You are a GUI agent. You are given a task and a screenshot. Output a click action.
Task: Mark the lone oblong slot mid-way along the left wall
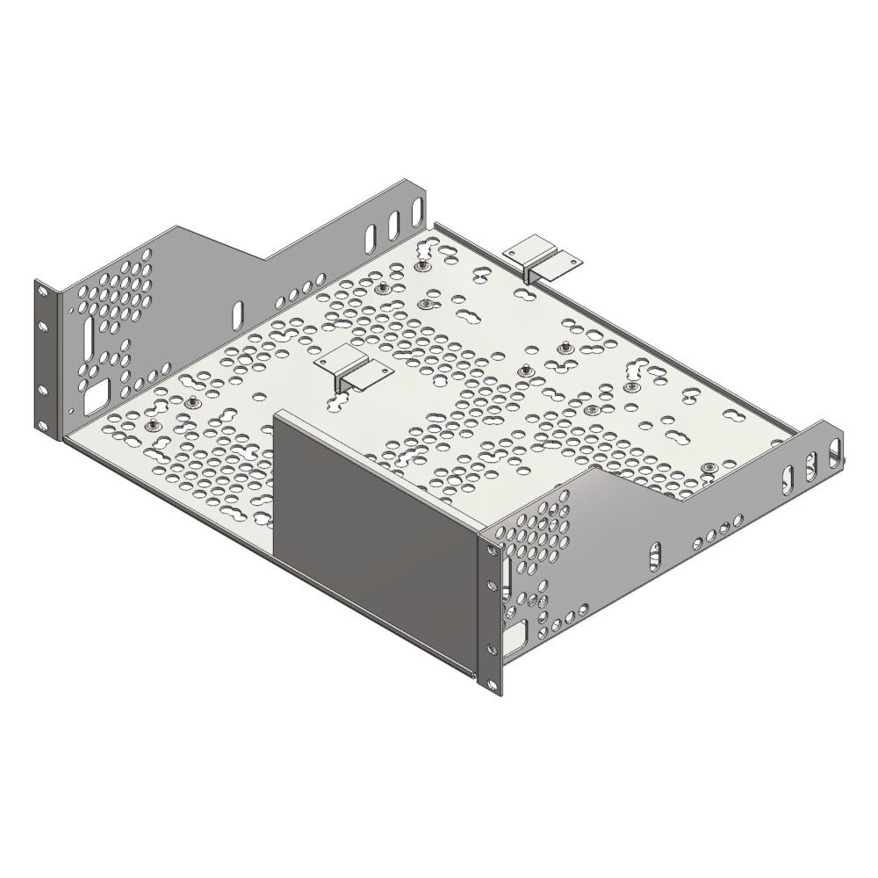(236, 313)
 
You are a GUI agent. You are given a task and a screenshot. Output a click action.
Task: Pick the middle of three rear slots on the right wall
(811, 464)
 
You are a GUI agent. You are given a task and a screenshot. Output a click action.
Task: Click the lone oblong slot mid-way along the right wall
(654, 555)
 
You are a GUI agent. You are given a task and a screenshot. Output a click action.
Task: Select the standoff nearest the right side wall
(708, 466)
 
